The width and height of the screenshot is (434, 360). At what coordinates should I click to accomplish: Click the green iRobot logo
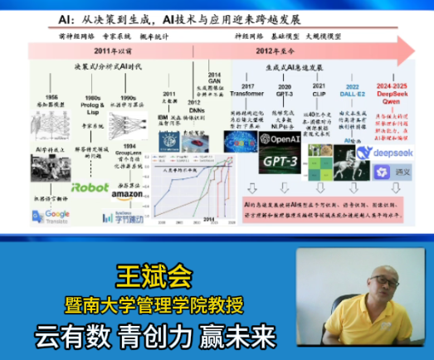pos(90,187)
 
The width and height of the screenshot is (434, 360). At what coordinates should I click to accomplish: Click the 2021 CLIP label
pos(319,90)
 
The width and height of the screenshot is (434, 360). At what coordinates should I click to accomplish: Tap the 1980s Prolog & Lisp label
pos(92,90)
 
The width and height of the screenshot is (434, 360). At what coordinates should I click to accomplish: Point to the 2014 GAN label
pos(214,77)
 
